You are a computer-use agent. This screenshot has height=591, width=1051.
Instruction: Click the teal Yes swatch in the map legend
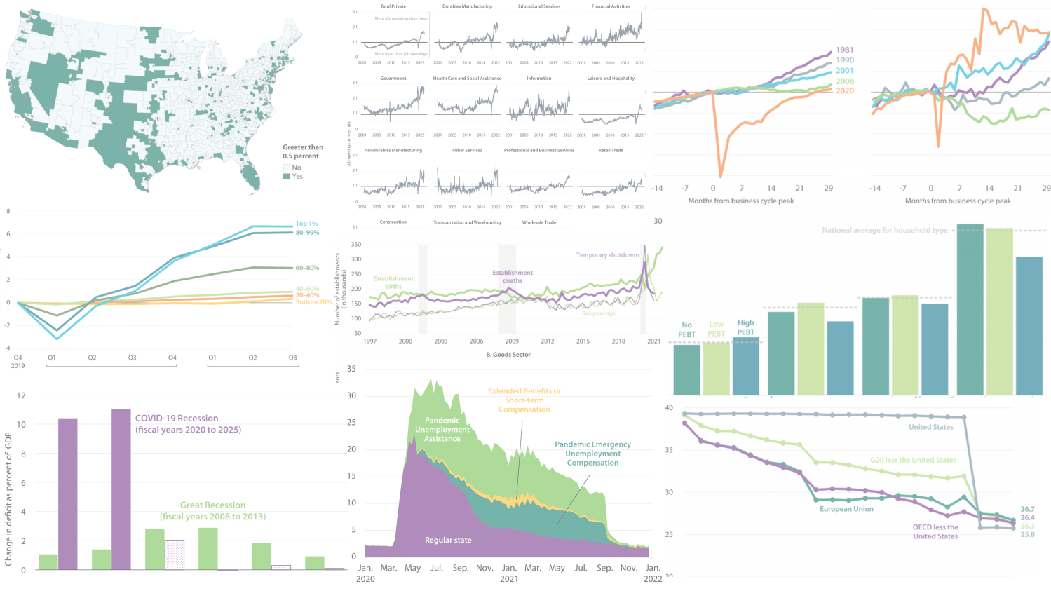click(x=286, y=177)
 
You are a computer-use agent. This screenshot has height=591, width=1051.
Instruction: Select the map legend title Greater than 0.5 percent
click(x=303, y=151)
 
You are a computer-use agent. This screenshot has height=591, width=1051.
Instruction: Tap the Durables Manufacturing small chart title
click(x=467, y=6)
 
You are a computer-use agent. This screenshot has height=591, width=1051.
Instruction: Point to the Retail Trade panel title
click(x=611, y=150)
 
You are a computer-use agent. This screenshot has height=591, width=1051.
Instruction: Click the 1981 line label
click(x=844, y=50)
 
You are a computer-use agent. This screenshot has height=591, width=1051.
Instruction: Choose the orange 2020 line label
click(x=844, y=91)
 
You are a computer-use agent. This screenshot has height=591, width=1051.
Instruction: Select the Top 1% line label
click(x=306, y=224)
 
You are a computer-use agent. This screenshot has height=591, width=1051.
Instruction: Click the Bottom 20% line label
click(x=313, y=302)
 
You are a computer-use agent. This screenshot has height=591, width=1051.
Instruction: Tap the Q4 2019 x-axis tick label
click(x=18, y=361)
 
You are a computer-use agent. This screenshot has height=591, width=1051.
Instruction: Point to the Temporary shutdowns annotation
click(x=608, y=255)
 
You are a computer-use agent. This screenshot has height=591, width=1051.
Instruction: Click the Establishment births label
click(x=393, y=283)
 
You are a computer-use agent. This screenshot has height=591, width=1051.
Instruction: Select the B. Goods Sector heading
click(x=508, y=355)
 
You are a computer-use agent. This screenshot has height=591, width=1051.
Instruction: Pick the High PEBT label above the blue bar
click(x=745, y=327)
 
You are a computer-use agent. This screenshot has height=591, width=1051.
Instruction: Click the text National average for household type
click(x=884, y=230)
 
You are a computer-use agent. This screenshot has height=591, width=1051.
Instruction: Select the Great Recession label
click(x=212, y=510)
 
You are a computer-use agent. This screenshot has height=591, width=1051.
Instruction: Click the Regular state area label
click(x=448, y=540)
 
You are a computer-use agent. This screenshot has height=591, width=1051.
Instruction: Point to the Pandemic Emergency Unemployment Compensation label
click(x=592, y=454)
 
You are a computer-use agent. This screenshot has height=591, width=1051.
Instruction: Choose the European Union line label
click(x=846, y=509)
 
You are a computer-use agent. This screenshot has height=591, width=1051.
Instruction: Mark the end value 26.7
click(x=1027, y=510)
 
